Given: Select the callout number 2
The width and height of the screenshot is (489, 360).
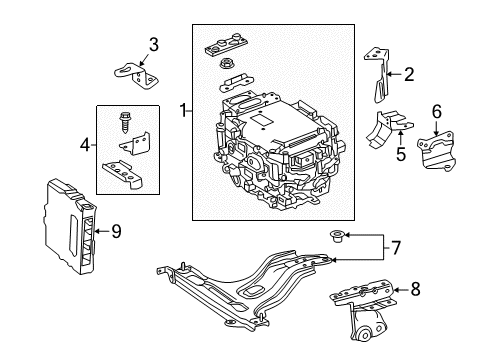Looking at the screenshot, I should point(409,73).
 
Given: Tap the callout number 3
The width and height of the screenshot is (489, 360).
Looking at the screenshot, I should point(153,43).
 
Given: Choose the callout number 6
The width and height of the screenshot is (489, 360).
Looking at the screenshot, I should point(435,111).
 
